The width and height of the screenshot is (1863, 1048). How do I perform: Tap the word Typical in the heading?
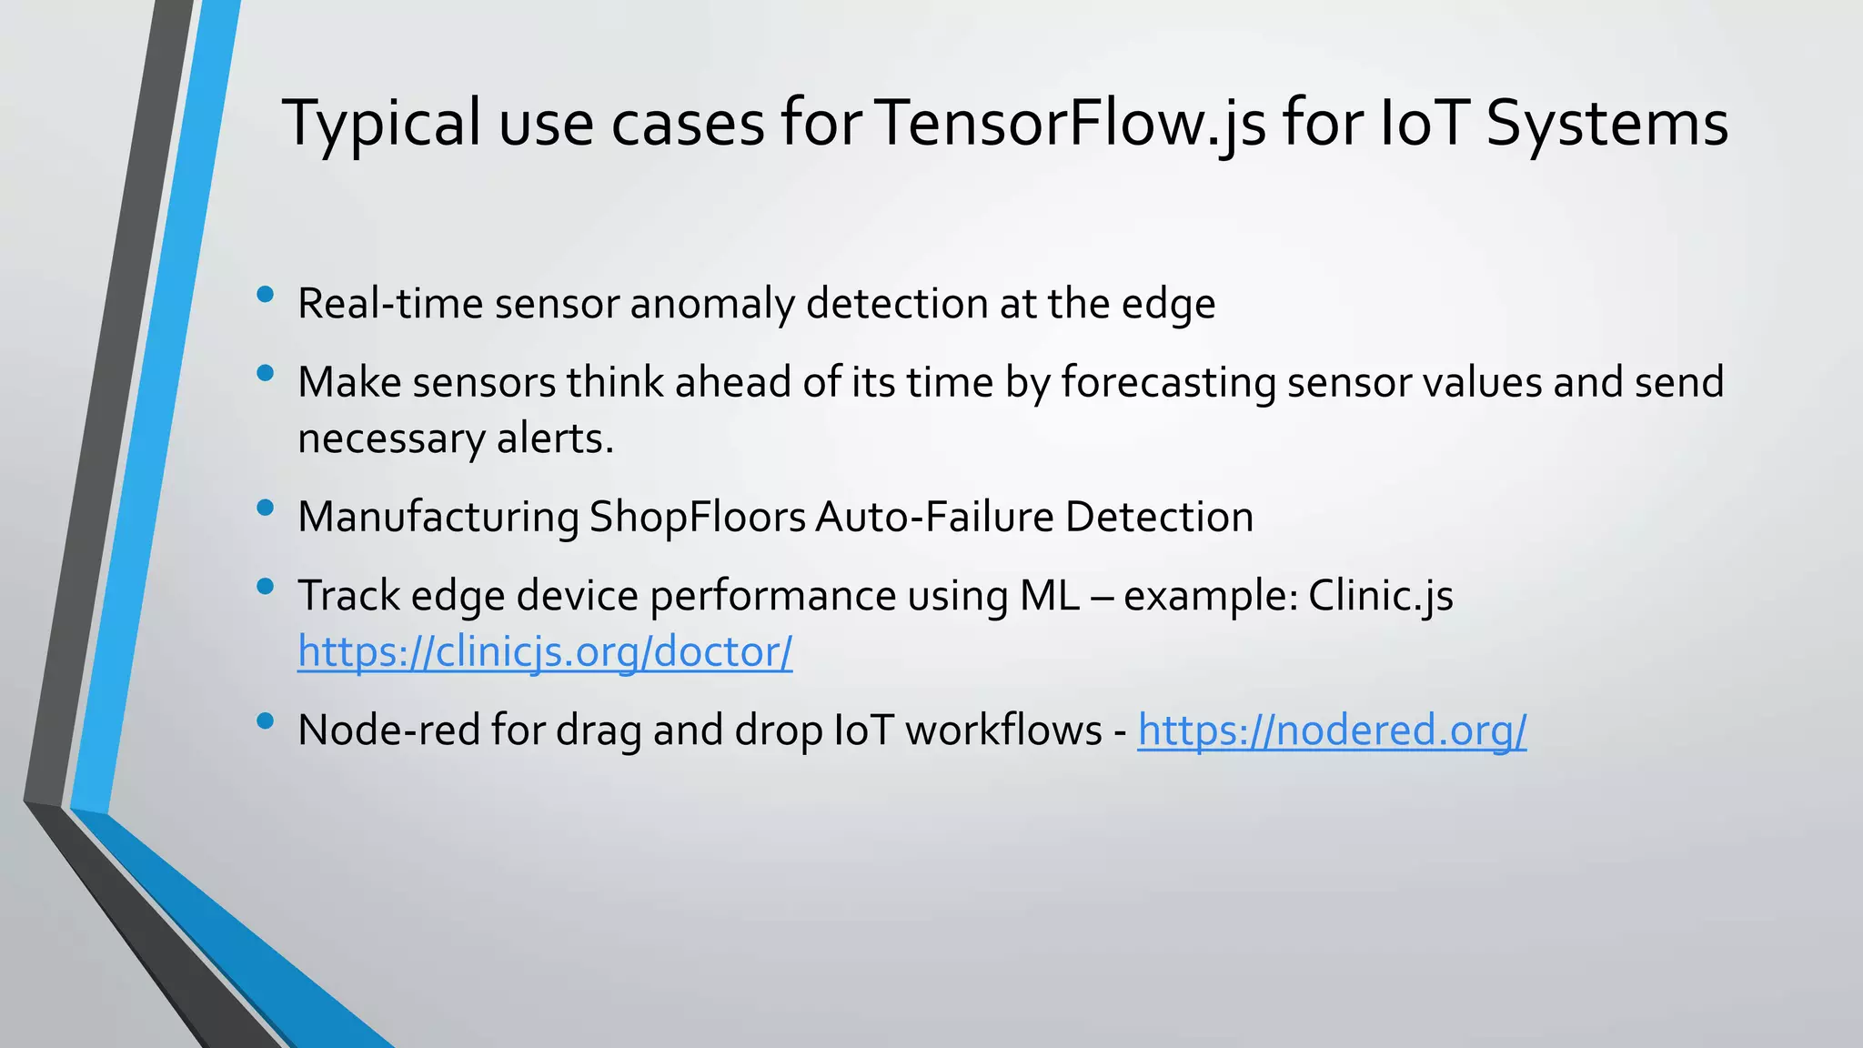point(381,123)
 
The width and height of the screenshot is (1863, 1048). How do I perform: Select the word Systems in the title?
point(1606,123)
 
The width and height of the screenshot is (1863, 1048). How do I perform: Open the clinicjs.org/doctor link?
point(545,651)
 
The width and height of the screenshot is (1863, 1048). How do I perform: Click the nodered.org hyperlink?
point(1332,730)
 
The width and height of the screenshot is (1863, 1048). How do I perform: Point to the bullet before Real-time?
point(266,294)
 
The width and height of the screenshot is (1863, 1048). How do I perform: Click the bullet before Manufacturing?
point(266,508)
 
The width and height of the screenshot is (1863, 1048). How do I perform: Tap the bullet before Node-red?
point(266,721)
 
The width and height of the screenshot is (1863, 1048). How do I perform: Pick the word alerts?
point(555,438)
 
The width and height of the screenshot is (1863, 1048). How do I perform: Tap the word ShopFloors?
point(698,517)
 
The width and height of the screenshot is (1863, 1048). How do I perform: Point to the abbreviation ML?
point(1050,596)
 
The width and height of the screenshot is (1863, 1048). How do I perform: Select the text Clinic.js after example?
point(1381,596)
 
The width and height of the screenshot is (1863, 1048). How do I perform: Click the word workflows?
point(1003,730)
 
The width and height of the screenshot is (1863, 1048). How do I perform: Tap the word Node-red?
point(389,730)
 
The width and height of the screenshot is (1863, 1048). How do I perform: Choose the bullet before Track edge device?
point(266,587)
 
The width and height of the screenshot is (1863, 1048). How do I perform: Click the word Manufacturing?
point(438,517)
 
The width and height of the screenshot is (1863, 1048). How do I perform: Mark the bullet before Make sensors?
point(266,373)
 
